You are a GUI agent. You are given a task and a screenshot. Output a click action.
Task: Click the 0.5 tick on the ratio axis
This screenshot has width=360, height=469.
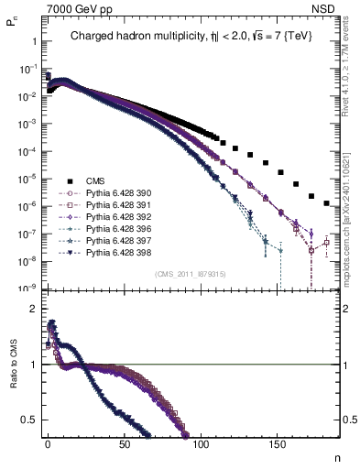click(x=30, y=420)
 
